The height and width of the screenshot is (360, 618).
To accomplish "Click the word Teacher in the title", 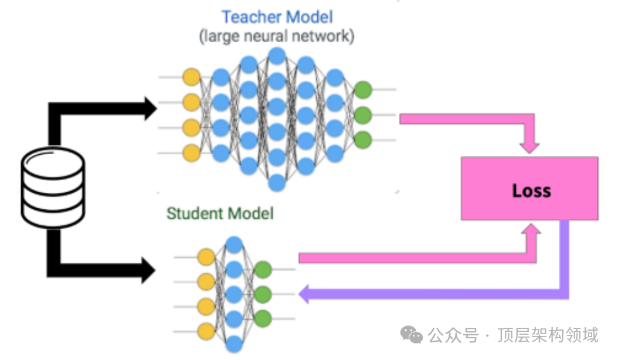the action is click(251, 17).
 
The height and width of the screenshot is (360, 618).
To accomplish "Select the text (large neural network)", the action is click(277, 36).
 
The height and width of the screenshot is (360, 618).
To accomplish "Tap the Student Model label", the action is click(220, 213).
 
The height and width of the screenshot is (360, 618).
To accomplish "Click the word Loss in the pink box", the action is click(531, 191).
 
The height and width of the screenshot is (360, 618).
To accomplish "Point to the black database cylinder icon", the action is click(53, 187).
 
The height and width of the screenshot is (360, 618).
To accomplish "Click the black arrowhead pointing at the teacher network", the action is click(151, 108).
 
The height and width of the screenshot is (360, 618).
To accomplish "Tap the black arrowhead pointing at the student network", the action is click(148, 270).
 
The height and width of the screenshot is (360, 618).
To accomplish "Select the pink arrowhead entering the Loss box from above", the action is click(529, 148).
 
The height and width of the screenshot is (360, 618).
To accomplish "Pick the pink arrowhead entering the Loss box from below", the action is click(531, 229).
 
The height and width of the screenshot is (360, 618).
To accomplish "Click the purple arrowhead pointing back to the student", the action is click(304, 294).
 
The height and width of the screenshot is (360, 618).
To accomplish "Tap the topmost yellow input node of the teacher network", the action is click(192, 77).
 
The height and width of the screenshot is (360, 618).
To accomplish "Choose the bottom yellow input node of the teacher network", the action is click(192, 153).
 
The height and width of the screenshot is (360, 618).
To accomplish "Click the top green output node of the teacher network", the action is click(363, 90).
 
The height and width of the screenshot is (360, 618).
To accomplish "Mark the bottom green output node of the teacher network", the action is click(363, 140).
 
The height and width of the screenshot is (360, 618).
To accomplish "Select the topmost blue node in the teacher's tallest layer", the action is click(277, 56).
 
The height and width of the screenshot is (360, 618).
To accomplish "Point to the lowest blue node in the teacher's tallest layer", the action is click(277, 183).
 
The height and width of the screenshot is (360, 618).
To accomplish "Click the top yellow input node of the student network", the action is click(206, 257).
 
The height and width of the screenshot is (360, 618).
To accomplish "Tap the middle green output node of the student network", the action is click(263, 294).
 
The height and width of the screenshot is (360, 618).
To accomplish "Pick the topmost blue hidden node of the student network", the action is click(234, 245).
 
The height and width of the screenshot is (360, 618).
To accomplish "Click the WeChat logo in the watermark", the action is click(412, 335).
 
